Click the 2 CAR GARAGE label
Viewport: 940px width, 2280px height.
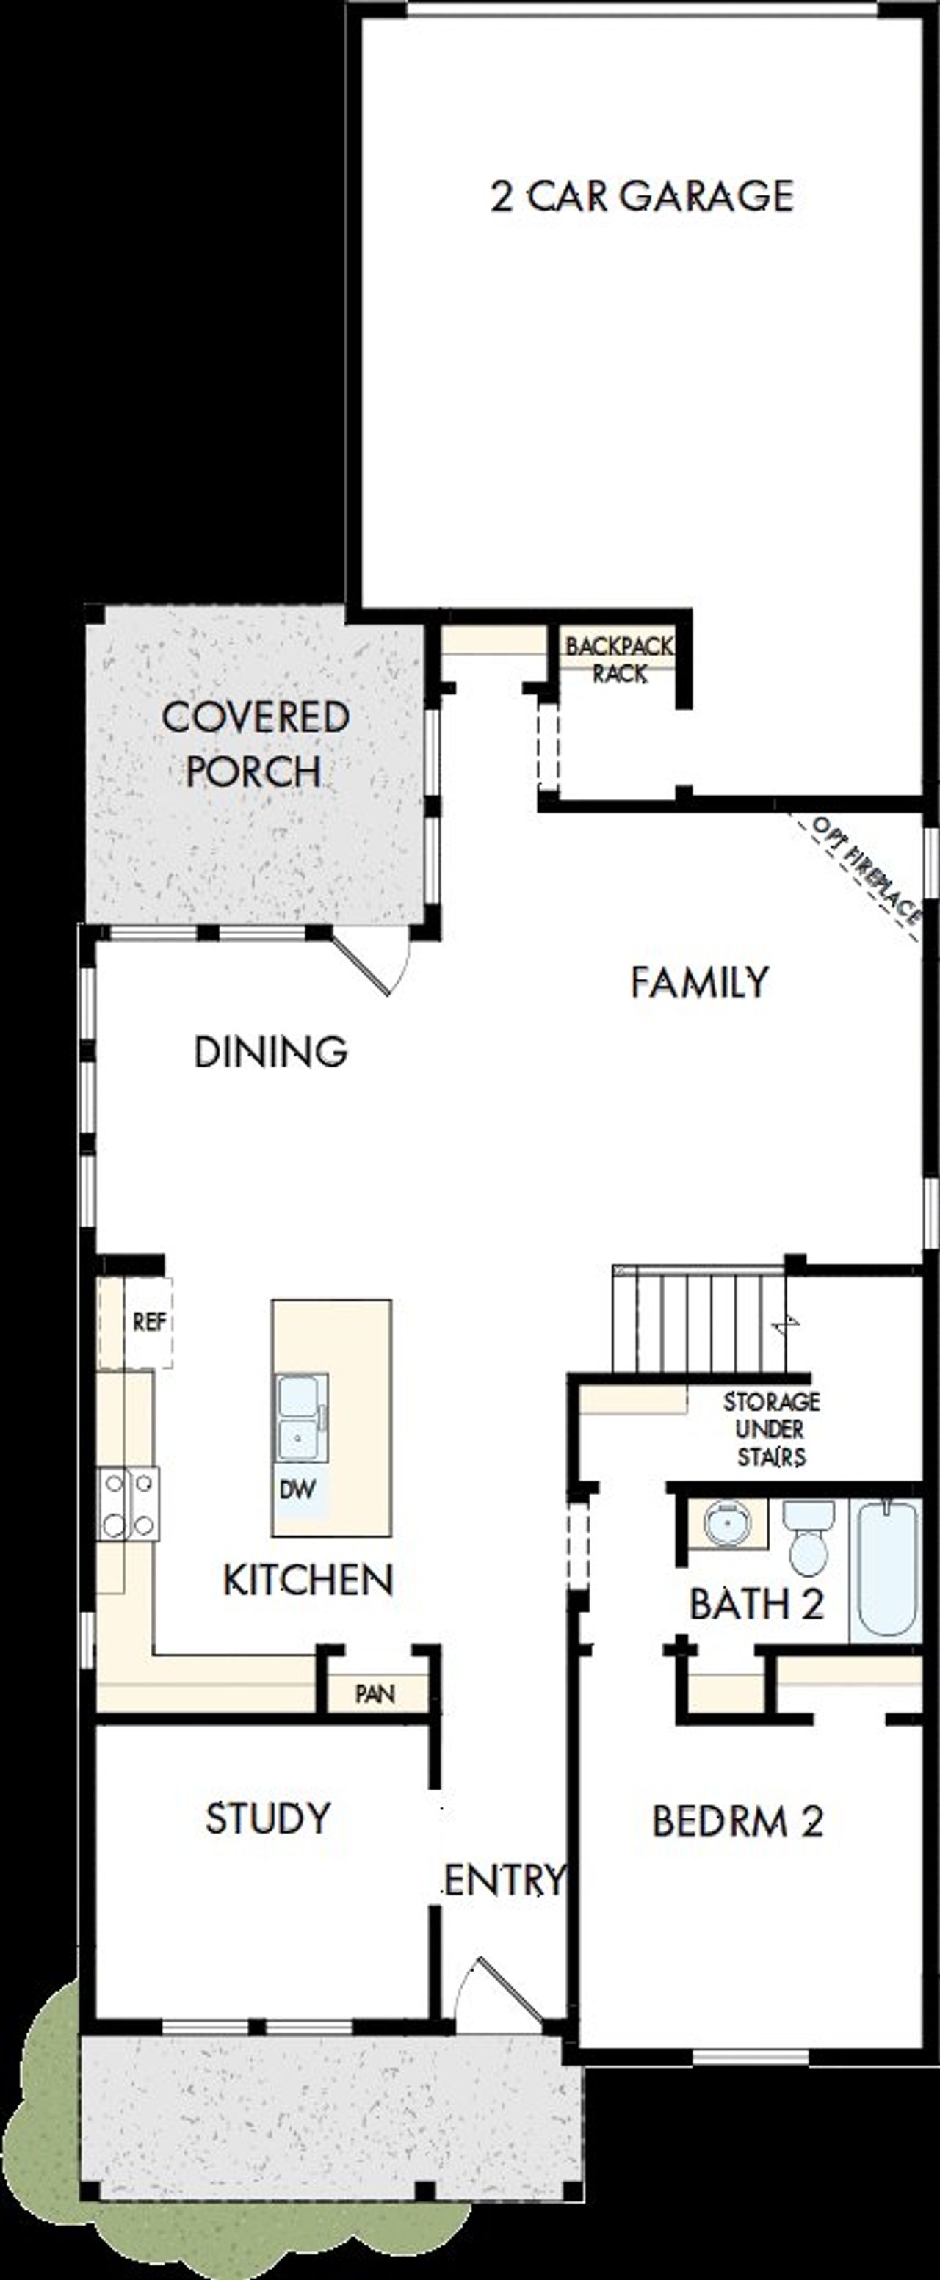[642, 195]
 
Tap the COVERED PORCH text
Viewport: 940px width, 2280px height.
[255, 744]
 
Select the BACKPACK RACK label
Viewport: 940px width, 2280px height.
[620, 659]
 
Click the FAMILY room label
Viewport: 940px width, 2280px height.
[699, 982]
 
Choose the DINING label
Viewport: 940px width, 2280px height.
[271, 1051]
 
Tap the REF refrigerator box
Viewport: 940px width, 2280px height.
[148, 1321]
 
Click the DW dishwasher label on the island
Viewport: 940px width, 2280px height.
[297, 1489]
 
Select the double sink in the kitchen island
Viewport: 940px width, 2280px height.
[300, 1418]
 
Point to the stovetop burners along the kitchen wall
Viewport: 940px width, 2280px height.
[129, 1504]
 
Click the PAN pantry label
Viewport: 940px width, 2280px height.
[375, 1694]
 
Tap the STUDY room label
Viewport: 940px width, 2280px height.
[268, 1819]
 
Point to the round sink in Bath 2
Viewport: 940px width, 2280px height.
[727, 1522]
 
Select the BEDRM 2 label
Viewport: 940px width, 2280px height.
[737, 1821]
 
